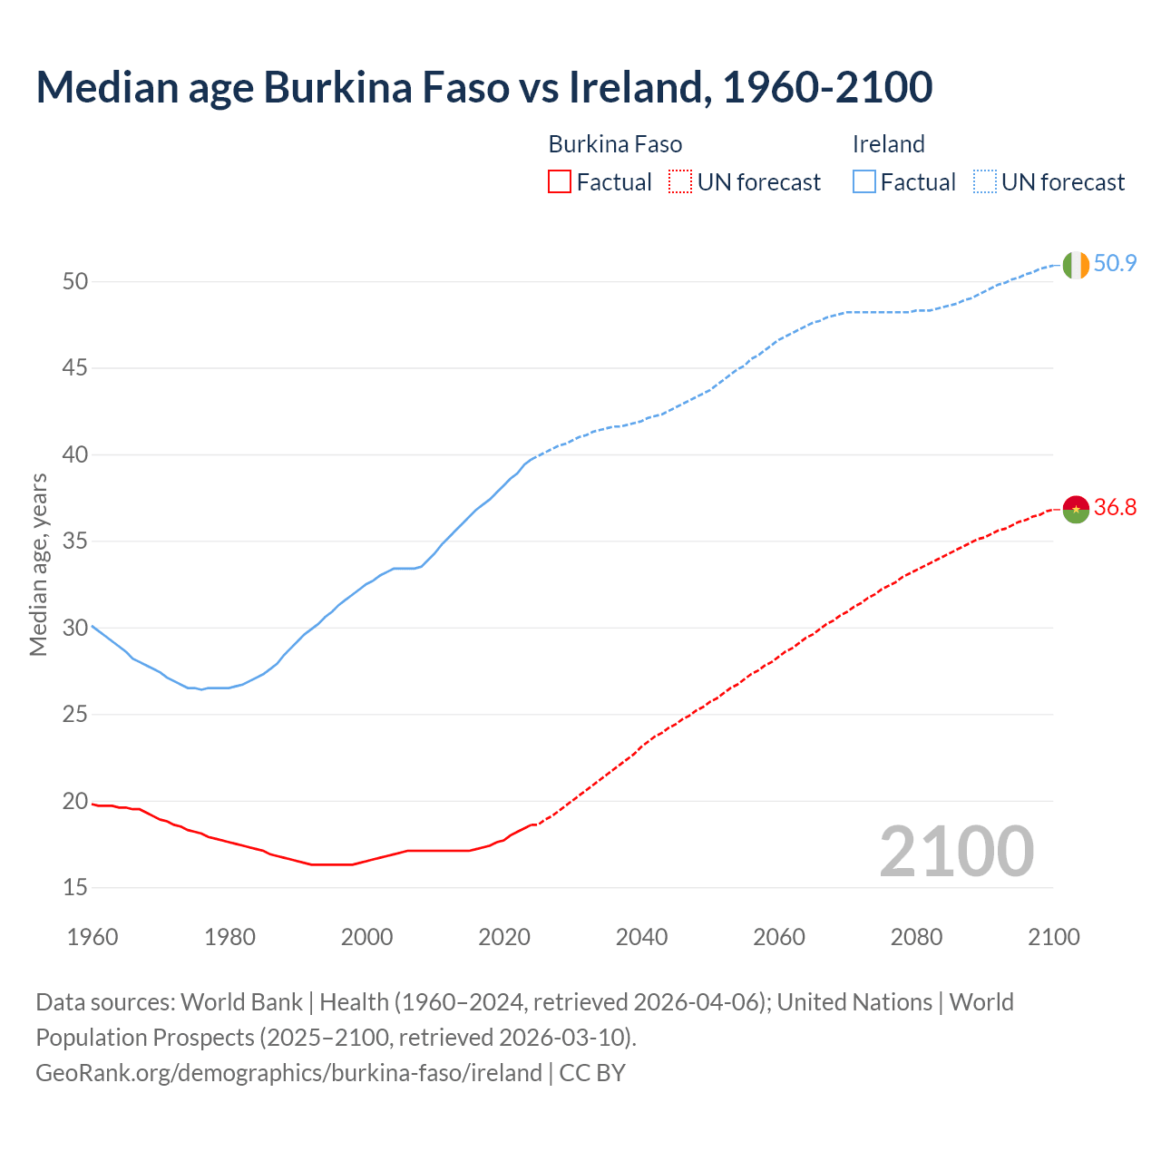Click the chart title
(483, 87)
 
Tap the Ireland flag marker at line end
(1076, 265)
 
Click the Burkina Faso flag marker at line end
(1076, 509)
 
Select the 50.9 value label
(1115, 264)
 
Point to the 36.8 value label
(1115, 508)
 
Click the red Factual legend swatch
(560, 182)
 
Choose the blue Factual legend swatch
(863, 182)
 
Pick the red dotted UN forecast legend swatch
(680, 182)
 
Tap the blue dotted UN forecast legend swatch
(984, 182)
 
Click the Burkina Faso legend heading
(615, 144)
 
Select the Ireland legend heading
(888, 144)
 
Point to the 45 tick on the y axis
(75, 368)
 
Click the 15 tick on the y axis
(75, 888)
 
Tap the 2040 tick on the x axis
(641, 937)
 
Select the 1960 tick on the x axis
(93, 937)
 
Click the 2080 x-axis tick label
(916, 937)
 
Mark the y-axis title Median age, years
(38, 564)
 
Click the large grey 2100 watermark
(956, 852)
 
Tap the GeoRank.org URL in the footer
(288, 1073)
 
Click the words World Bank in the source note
(241, 1002)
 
